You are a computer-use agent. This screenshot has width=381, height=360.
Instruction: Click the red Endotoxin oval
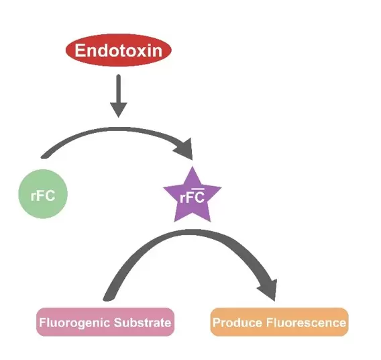[x=119, y=50]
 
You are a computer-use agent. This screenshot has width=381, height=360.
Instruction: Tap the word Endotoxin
[x=119, y=50]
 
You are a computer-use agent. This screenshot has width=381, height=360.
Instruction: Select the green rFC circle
[x=43, y=194]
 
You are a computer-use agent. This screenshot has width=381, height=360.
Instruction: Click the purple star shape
[x=193, y=195]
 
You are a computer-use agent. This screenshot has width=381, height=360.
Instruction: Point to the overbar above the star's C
[x=198, y=189]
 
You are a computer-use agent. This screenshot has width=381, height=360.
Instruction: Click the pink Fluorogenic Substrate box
[x=105, y=322]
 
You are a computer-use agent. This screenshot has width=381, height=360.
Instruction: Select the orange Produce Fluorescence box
[x=280, y=322]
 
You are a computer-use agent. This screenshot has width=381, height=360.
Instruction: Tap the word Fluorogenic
[x=74, y=323]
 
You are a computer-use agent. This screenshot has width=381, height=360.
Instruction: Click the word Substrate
[x=143, y=322]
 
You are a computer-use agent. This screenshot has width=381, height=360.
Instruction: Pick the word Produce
[x=237, y=322]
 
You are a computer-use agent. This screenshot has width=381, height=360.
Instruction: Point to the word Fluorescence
[x=306, y=322]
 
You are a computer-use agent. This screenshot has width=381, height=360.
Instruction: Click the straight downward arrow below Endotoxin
[x=119, y=96]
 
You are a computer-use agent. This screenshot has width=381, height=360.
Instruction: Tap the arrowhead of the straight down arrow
[x=119, y=110]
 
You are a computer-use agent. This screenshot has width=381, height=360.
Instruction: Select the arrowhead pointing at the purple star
[x=185, y=149]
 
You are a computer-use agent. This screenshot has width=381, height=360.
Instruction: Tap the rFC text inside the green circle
[x=43, y=195]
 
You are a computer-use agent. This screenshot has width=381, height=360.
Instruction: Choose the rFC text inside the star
[x=192, y=197]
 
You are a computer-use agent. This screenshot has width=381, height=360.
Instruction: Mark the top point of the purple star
[x=193, y=167]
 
